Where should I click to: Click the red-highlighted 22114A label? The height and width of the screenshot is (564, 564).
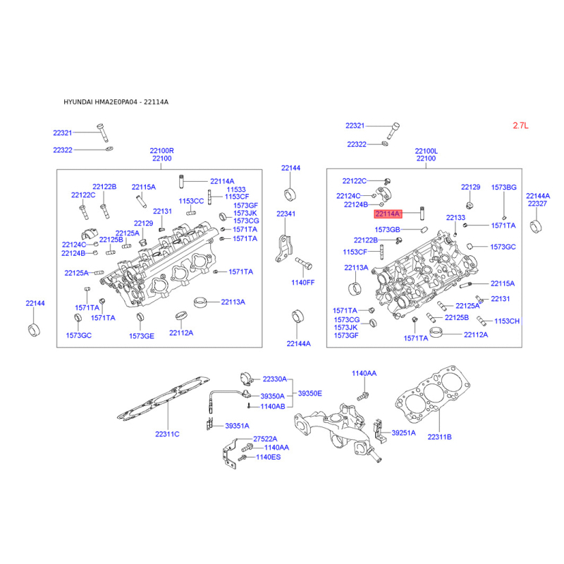(388, 214)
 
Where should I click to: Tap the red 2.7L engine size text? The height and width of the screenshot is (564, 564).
(520, 125)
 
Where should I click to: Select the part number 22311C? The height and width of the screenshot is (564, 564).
(167, 434)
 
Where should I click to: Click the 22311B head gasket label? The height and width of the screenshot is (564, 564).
(439, 437)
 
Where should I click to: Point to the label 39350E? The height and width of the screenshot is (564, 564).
(310, 393)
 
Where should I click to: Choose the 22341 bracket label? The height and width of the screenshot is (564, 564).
(286, 214)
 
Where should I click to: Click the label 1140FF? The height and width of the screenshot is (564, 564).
(303, 283)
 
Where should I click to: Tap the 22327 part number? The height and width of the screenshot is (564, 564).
(537, 204)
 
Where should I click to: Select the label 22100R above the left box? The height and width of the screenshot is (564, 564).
(162, 151)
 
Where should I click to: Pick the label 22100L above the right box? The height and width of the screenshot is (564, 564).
(427, 151)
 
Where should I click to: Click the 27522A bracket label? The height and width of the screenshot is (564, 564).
(266, 439)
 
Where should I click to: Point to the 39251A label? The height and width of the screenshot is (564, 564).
(403, 433)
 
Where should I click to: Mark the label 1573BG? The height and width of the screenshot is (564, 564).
(504, 188)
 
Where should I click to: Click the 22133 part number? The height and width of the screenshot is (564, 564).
(455, 218)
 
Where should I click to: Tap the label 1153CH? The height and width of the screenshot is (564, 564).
(507, 321)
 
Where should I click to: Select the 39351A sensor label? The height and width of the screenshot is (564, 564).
(238, 426)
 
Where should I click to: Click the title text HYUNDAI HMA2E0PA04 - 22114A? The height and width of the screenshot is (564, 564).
(116, 102)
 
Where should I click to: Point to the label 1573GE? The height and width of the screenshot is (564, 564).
(142, 336)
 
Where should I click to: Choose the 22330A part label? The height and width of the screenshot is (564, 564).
(275, 379)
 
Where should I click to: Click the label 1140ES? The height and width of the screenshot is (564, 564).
(269, 457)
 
